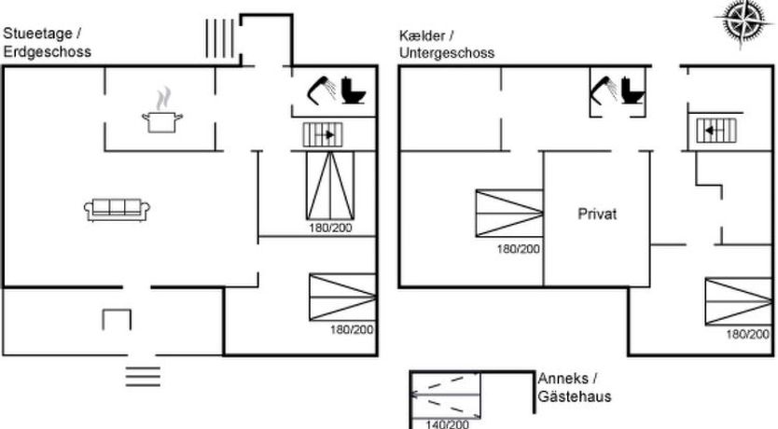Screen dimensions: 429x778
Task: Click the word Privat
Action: click(x=597, y=214)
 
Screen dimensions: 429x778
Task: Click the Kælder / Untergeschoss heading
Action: click(x=446, y=44)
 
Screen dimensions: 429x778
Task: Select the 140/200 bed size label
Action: click(x=447, y=424)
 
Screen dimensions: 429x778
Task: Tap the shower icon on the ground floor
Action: click(x=322, y=90)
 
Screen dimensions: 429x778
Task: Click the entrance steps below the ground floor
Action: click(x=143, y=376)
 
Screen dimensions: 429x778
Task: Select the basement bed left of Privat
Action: click(x=508, y=214)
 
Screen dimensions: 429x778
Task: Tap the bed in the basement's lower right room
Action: click(x=738, y=301)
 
